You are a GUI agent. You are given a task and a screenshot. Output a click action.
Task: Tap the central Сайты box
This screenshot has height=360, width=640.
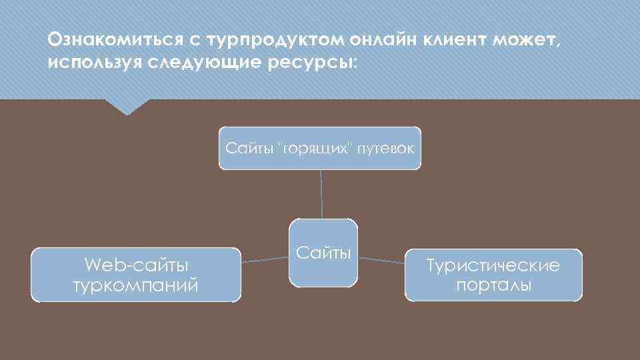323,253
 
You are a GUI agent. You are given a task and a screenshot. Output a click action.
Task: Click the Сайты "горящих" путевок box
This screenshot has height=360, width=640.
320,147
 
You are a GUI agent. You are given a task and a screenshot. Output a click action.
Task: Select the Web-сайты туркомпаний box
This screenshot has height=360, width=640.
136,275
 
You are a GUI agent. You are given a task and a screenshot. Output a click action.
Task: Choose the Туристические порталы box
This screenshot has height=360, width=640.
493,275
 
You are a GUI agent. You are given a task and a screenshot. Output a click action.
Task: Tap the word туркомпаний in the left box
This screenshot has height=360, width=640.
136,286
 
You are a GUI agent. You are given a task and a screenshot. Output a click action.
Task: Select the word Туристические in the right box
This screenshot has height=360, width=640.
493,266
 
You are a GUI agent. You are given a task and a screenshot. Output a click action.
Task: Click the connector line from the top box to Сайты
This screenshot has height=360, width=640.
321,194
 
